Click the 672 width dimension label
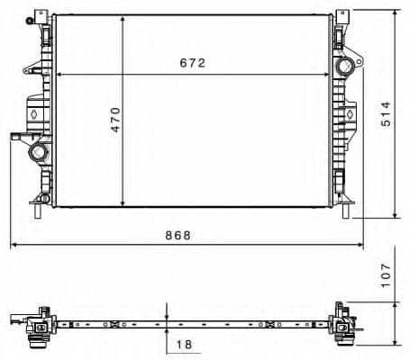(193, 63)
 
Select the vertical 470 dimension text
(115, 120)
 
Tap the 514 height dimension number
(386, 114)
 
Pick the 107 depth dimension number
(386, 274)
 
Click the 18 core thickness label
(186, 343)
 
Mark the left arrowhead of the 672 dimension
(59, 74)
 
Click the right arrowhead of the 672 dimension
(330, 74)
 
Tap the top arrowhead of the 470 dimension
(123, 18)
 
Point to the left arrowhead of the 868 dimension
(13, 244)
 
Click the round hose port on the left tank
(39, 152)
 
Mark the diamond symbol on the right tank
(347, 114)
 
